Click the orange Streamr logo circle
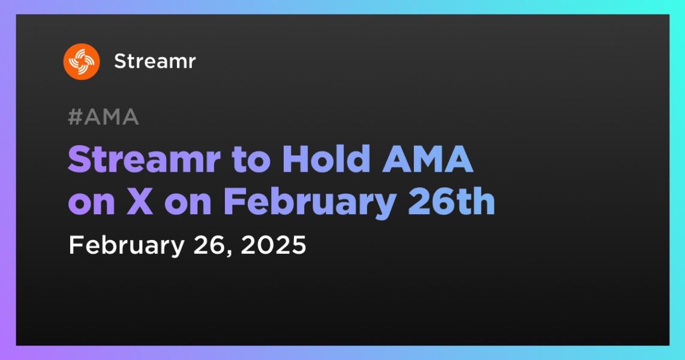click(81, 62)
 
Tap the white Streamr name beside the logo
click(155, 62)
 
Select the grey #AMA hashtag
click(104, 117)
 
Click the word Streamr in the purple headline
click(144, 160)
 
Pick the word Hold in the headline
click(327, 160)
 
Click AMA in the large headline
click(428, 160)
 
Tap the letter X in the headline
click(140, 202)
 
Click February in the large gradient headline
click(310, 204)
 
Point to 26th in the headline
click(451, 202)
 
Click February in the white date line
click(127, 245)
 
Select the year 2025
click(274, 245)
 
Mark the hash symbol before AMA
click(76, 117)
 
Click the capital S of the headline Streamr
click(80, 160)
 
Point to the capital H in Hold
click(296, 160)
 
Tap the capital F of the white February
click(76, 245)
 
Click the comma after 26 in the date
click(230, 254)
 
